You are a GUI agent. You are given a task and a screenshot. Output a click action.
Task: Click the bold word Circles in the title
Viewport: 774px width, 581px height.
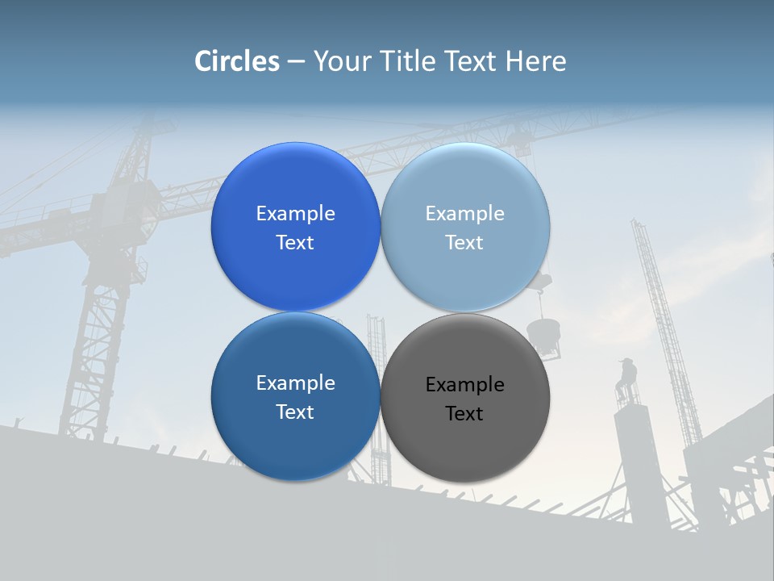click(x=236, y=61)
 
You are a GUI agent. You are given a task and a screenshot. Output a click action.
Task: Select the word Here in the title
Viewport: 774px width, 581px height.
click(x=536, y=61)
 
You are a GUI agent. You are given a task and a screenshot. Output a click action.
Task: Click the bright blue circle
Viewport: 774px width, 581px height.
click(x=295, y=227)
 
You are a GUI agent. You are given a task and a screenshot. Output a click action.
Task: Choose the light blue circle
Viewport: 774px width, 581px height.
click(x=465, y=227)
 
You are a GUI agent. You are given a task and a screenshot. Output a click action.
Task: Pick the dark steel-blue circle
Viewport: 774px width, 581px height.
click(x=295, y=396)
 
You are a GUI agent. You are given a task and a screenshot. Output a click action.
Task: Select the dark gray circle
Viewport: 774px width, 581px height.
click(x=465, y=396)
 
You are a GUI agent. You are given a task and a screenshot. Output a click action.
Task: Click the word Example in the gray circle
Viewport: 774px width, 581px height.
click(x=464, y=385)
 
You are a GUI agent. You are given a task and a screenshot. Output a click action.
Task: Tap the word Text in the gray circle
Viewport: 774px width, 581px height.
click(x=464, y=414)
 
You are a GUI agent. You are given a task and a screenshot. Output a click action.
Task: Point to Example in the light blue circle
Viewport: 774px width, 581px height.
click(x=464, y=214)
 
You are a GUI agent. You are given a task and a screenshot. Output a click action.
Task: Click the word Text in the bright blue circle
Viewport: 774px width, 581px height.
click(x=295, y=243)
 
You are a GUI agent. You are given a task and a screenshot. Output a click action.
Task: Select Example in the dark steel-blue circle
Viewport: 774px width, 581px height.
click(x=295, y=383)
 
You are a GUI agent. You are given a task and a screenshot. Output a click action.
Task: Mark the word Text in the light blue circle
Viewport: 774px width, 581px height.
click(x=464, y=243)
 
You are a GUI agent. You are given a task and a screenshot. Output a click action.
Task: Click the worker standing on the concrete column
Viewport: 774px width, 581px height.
click(x=626, y=379)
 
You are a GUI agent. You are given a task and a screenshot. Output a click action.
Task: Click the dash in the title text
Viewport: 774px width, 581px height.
click(x=296, y=62)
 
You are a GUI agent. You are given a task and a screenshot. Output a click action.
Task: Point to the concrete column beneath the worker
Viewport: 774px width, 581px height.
click(x=634, y=452)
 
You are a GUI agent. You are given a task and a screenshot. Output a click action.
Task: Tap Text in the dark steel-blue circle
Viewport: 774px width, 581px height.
click(x=295, y=412)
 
